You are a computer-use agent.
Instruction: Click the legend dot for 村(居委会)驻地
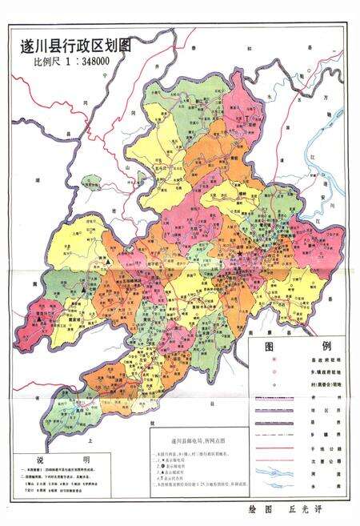point(274,384)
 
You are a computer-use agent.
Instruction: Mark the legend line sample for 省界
point(274,397)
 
